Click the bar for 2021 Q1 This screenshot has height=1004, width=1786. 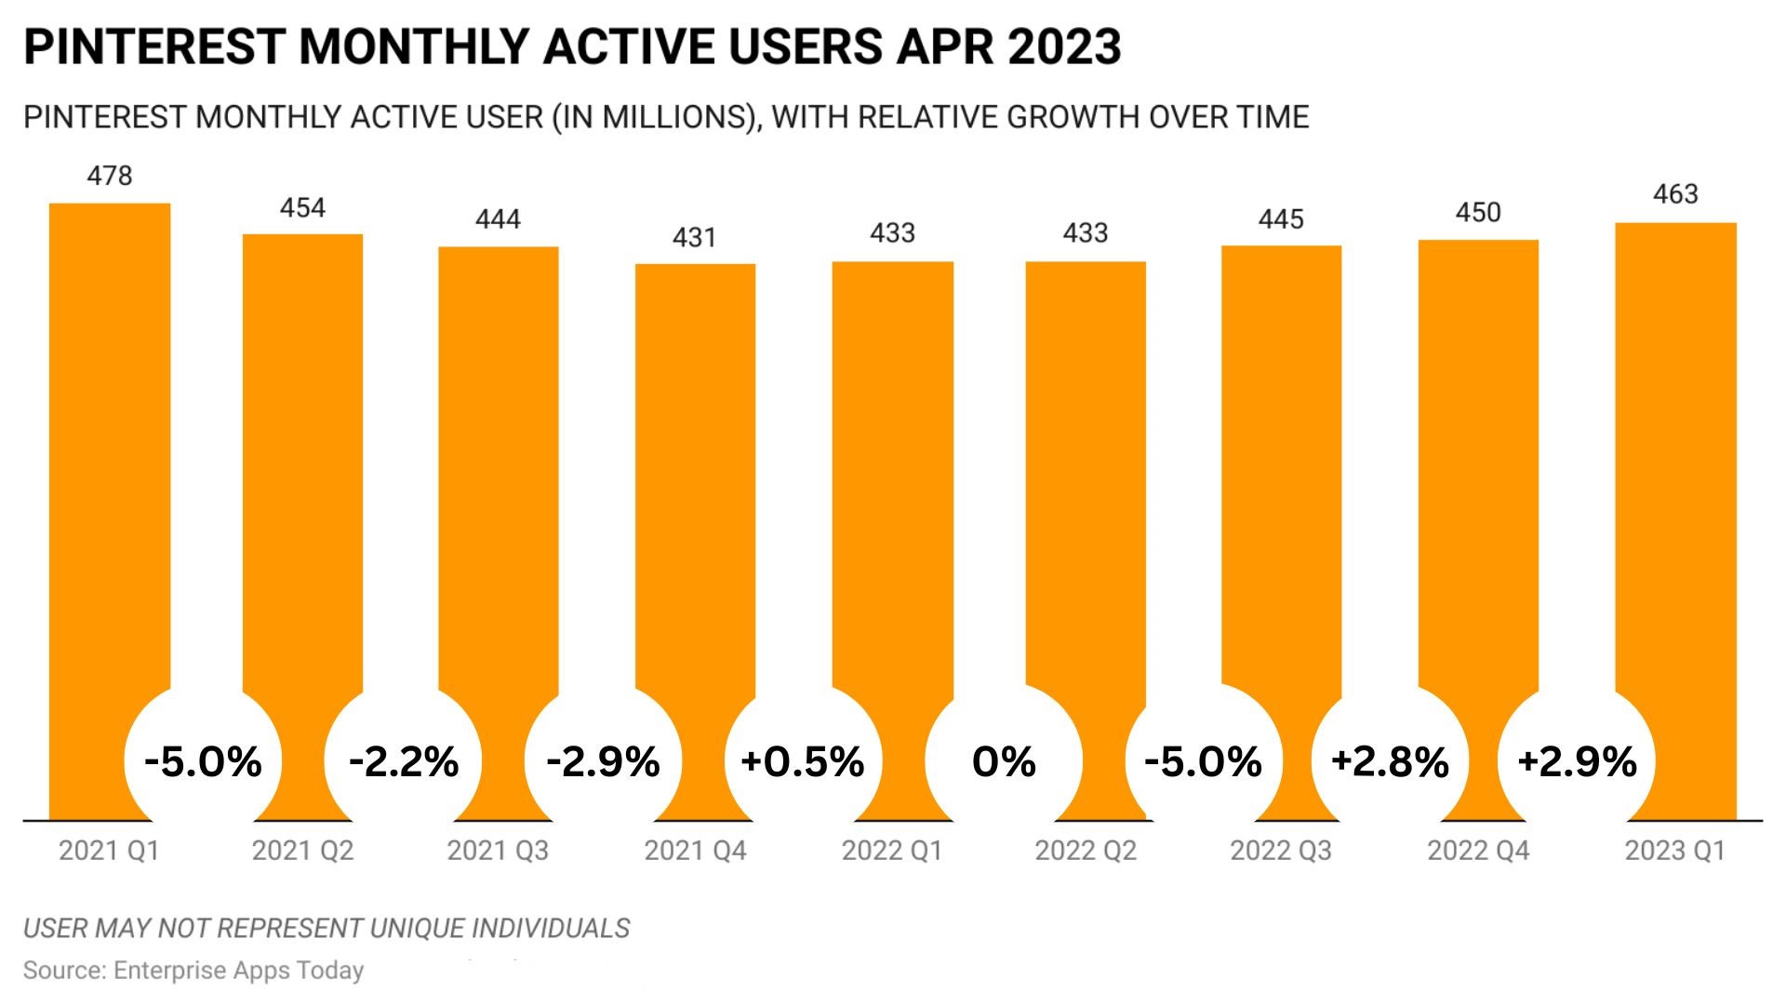click(110, 446)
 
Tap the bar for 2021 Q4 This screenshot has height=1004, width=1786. click(695, 465)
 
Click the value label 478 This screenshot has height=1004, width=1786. click(110, 176)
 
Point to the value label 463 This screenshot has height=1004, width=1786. click(1675, 194)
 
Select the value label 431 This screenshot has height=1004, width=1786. click(694, 237)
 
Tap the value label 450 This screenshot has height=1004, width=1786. click(1478, 213)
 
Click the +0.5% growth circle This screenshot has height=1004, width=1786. click(802, 762)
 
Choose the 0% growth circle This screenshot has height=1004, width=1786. click(1004, 762)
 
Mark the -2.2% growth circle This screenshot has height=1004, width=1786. click(404, 762)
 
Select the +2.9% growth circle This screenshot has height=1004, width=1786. click(1577, 762)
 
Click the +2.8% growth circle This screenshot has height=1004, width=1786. click(1390, 762)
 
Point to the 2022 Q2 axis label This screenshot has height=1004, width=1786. click(1086, 851)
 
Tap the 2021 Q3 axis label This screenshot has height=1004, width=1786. click(498, 851)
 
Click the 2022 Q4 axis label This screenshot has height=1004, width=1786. click(1478, 851)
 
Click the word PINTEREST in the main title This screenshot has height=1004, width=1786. click(153, 46)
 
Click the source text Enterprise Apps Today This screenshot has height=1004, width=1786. click(238, 971)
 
